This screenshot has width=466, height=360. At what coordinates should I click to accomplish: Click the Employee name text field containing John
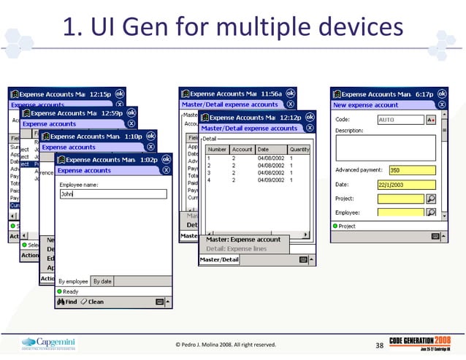pyautogui.click(x=113, y=194)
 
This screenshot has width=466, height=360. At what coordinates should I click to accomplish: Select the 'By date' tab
pyautogui.click(x=102, y=281)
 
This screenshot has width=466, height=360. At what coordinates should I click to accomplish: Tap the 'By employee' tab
pyautogui.click(x=73, y=281)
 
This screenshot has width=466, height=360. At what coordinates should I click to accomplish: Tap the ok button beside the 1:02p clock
pyautogui.click(x=165, y=159)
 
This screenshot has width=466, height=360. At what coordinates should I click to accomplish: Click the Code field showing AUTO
pyautogui.click(x=400, y=120)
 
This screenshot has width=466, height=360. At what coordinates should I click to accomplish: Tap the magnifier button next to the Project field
pyautogui.click(x=431, y=198)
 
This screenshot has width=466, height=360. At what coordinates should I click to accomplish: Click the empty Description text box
pyautogui.click(x=385, y=147)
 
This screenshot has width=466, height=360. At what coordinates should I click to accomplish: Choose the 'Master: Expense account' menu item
pyautogui.click(x=243, y=240)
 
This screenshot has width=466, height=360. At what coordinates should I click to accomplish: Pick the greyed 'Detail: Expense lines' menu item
pyautogui.click(x=235, y=248)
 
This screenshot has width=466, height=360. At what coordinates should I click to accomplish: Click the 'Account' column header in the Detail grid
pyautogui.click(x=242, y=149)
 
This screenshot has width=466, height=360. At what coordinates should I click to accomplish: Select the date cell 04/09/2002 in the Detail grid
pyautogui.click(x=267, y=178)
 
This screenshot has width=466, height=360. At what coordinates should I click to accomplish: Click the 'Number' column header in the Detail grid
pyautogui.click(x=218, y=149)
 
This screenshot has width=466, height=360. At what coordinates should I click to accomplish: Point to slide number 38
pyautogui.click(x=379, y=345)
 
